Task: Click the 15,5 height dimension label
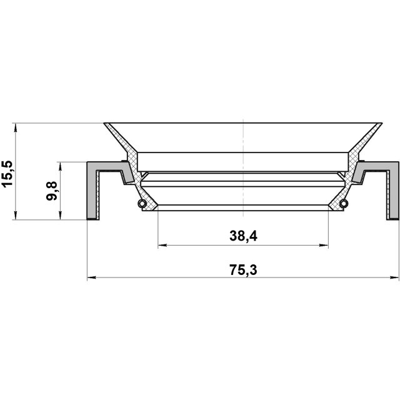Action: (7, 174)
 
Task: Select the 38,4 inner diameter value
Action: (243, 236)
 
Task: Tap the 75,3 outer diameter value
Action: (243, 270)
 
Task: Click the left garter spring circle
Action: (142, 204)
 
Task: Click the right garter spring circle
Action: (344, 204)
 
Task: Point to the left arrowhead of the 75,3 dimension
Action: (92, 277)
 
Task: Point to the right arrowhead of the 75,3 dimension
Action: (394, 277)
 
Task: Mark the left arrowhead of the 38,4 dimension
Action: (162, 246)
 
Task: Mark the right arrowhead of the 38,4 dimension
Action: (324, 246)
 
